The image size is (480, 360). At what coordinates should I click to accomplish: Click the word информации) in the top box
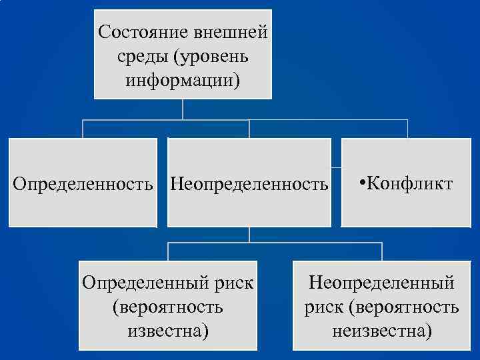(183, 81)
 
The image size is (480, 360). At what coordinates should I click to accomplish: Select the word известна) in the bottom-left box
(168, 330)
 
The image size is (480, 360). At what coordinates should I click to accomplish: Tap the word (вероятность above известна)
(168, 307)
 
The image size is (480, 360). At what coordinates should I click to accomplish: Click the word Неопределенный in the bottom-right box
(381, 282)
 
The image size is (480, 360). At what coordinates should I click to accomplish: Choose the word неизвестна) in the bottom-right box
(382, 330)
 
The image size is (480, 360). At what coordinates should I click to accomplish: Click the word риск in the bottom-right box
(323, 307)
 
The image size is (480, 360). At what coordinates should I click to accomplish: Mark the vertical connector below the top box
(183, 109)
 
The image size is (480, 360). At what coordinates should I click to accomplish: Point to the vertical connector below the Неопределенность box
(249, 235)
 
